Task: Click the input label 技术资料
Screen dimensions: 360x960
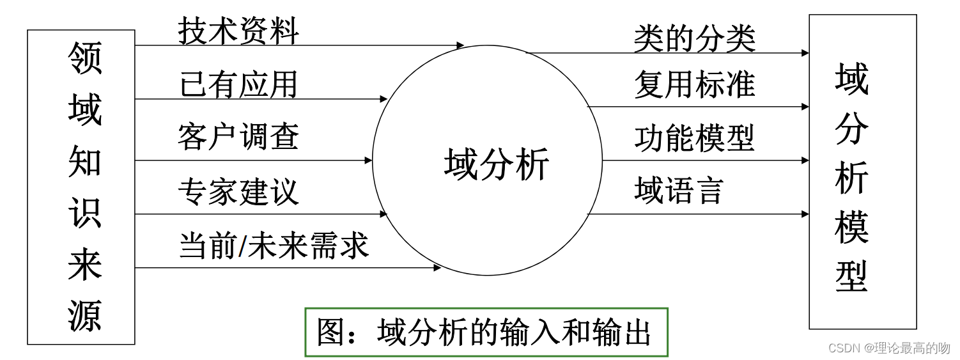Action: tap(238, 31)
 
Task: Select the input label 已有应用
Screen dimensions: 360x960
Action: tap(238, 84)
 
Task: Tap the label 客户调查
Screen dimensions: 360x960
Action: tap(238, 137)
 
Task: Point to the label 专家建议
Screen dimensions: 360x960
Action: tap(238, 191)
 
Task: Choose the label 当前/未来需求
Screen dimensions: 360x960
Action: tap(274, 246)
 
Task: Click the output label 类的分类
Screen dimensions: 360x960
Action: tap(694, 38)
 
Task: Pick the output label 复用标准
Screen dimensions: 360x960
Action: tap(694, 84)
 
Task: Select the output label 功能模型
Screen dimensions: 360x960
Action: tap(694, 137)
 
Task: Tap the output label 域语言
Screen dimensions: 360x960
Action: tap(678, 191)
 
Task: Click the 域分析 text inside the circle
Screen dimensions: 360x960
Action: tap(497, 164)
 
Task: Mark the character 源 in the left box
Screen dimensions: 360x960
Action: tap(84, 316)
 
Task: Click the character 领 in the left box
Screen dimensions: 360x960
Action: tap(84, 59)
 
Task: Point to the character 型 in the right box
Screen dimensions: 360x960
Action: tap(851, 276)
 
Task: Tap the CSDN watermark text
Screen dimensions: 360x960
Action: tap(888, 348)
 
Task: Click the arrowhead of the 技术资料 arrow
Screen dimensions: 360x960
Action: tap(461, 45)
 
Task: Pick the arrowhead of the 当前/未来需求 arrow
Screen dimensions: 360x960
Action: tap(438, 268)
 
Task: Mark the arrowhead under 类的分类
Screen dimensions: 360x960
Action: tap(805, 53)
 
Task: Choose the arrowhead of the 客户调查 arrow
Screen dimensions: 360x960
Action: tap(369, 160)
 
